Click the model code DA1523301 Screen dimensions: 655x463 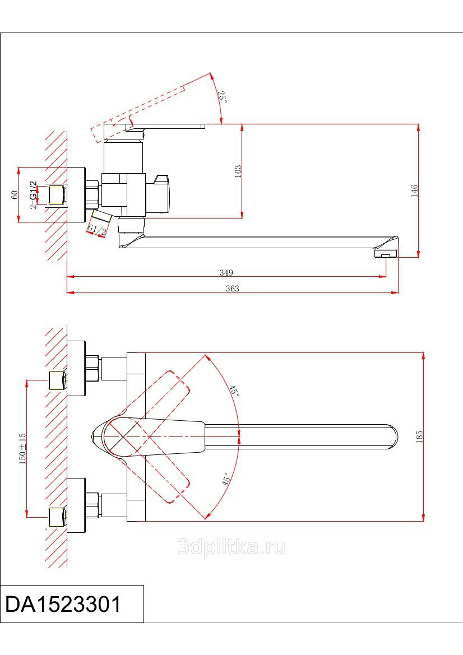pos(63,605)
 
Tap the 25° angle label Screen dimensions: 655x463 pos(222,96)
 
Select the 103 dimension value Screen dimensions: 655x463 pos(238,171)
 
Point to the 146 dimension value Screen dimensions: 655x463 pos(414,191)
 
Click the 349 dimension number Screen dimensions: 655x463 pos(226,273)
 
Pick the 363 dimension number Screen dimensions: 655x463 pos(232,289)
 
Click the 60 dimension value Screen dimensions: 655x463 pos(15,194)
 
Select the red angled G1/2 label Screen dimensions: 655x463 pos(97,230)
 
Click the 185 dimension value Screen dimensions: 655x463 pos(419,437)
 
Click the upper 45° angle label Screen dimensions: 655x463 pos(234,391)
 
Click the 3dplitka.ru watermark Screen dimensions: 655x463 pos(231,547)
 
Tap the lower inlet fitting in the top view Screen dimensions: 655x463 pos(57,517)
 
